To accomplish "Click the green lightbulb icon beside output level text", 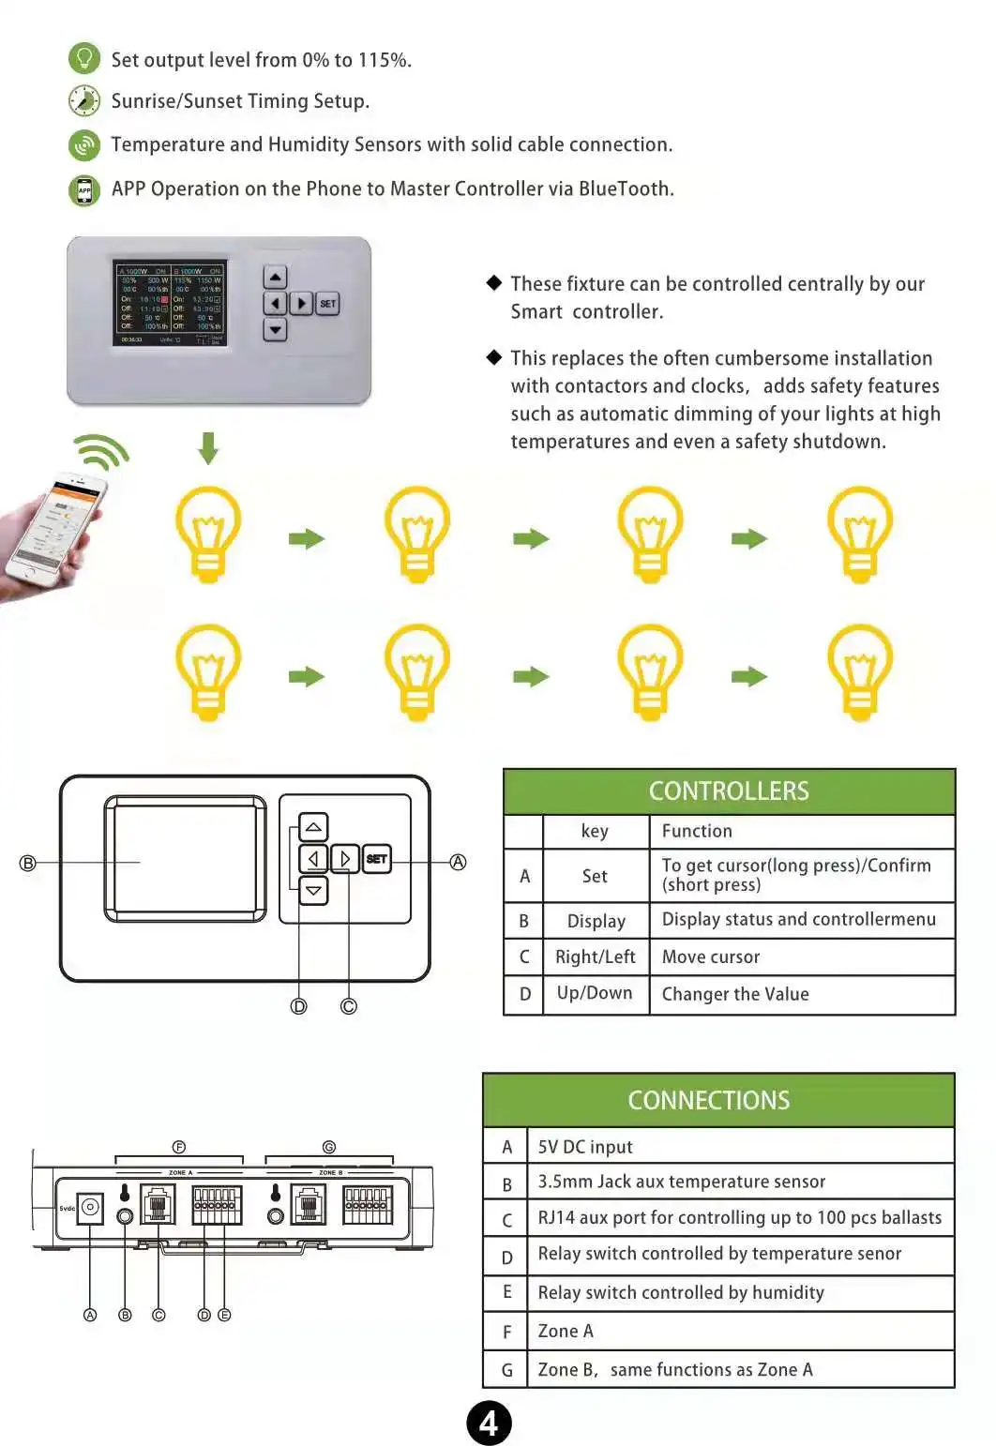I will (84, 58).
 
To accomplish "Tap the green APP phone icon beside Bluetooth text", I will (84, 190).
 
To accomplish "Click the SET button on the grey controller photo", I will (327, 303).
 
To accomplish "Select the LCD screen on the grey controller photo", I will (170, 303).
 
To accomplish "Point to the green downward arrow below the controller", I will (208, 447).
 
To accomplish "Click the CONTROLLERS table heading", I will (729, 791).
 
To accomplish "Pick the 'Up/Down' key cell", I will (595, 993).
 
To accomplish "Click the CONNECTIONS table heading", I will (709, 1100).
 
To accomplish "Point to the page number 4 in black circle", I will (489, 1423).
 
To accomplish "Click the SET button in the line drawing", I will (376, 858).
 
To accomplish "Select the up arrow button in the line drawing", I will (313, 826).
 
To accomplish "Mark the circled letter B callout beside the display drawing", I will (28, 863).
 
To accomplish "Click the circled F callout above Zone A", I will (179, 1147).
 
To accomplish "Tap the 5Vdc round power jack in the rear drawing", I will (90, 1207).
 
